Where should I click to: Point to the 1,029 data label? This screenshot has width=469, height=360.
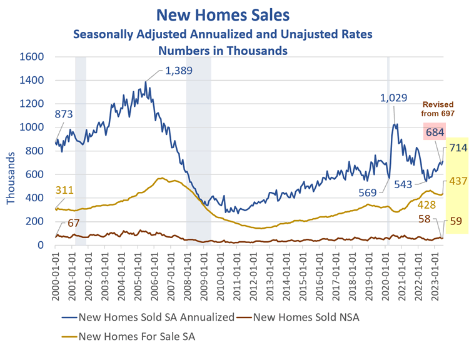pos(394,99)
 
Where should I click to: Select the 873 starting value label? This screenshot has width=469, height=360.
pos(64,114)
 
